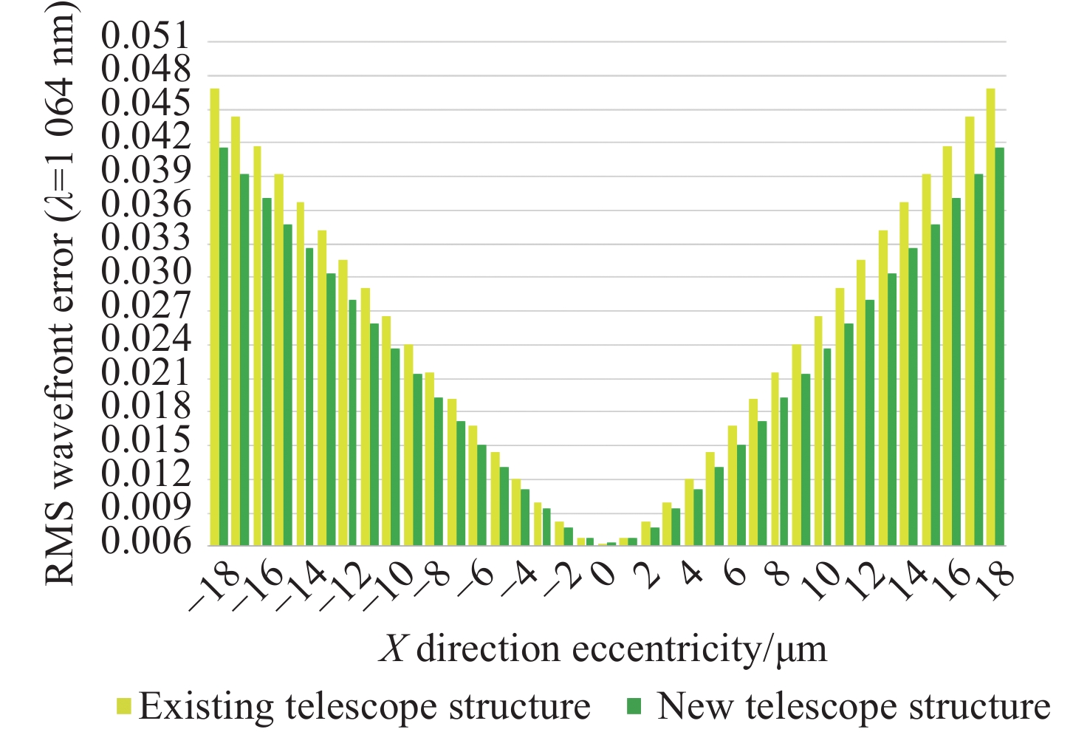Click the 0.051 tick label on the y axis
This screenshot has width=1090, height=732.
pos(145,37)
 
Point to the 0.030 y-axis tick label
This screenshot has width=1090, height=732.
pos(145,275)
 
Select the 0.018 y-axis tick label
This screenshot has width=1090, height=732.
pos(145,408)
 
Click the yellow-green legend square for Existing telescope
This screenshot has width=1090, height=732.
pos(123,708)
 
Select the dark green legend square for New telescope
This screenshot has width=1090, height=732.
pos(634,708)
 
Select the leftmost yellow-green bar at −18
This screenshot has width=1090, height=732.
pos(214,318)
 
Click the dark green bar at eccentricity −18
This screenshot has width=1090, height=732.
pos(223,347)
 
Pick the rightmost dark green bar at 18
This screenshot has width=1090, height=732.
pos(999,347)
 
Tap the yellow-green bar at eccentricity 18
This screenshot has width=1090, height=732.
pos(990,318)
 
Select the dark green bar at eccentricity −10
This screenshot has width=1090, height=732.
pos(395,447)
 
